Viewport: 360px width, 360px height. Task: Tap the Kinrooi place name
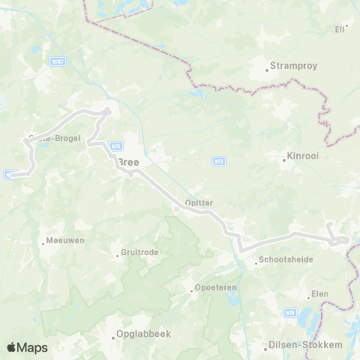pyautogui.click(x=302, y=159)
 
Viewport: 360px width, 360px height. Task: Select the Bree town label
pyautogui.click(x=128, y=161)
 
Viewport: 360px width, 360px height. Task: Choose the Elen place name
pyautogui.click(x=319, y=293)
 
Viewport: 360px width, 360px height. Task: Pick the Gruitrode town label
pyautogui.click(x=140, y=253)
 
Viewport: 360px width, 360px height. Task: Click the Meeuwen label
pyautogui.click(x=65, y=241)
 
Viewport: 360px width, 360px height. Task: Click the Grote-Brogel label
pyautogui.click(x=54, y=138)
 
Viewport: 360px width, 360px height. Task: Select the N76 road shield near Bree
pyautogui.click(x=115, y=146)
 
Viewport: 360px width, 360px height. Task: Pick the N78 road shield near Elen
pyautogui.click(x=290, y=313)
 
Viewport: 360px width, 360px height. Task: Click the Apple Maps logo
pyautogui.click(x=27, y=347)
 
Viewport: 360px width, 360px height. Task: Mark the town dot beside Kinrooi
pyautogui.click(x=283, y=160)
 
